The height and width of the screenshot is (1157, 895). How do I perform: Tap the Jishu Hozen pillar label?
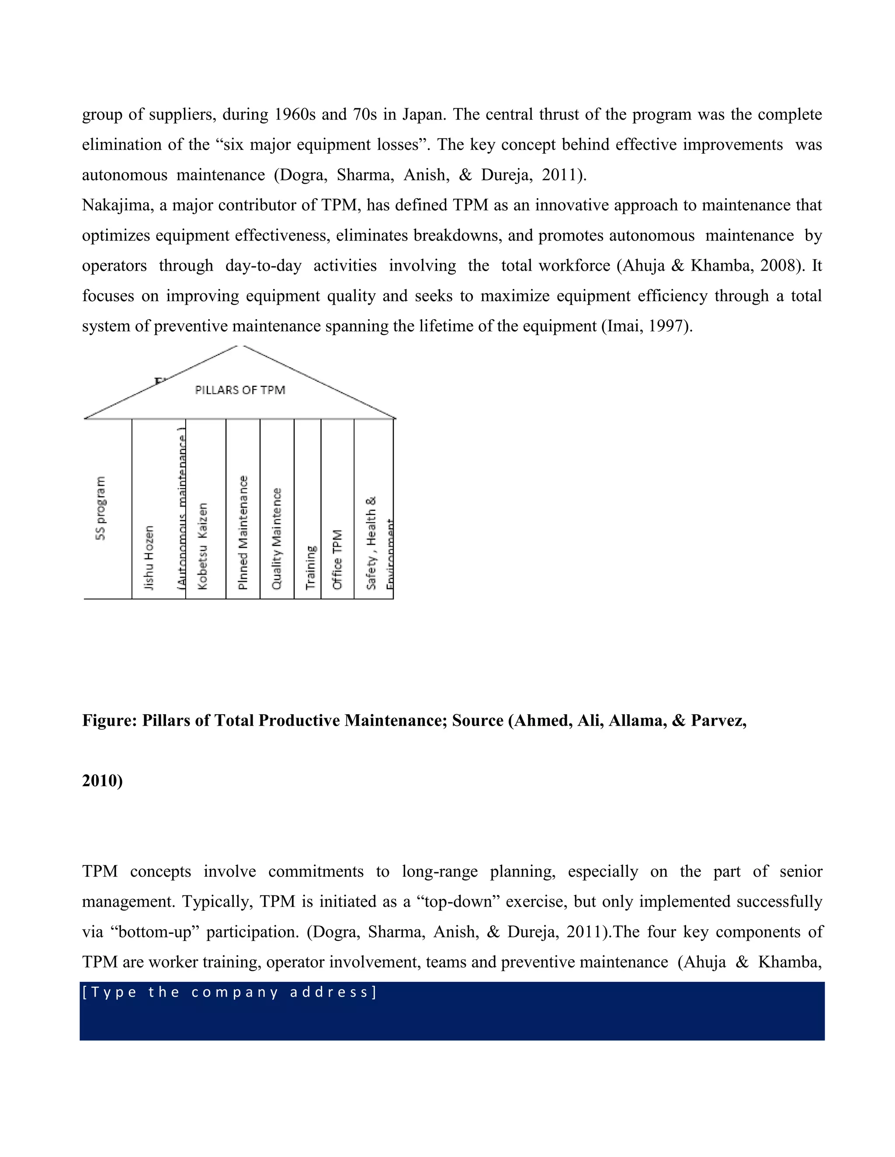[149, 557]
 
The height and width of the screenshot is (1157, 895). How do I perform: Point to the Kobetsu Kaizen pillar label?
[202, 546]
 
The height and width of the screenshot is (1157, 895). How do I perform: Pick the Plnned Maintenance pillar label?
[243, 532]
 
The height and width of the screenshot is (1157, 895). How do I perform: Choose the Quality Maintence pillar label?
[276, 538]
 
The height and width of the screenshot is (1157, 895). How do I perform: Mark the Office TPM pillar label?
[338, 559]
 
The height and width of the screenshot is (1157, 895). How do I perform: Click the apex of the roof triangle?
[240, 346]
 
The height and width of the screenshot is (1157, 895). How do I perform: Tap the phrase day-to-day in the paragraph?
[263, 266]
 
